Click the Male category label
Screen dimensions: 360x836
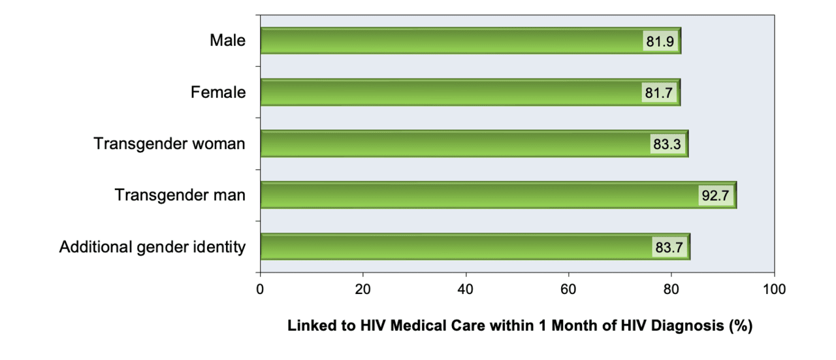[227, 41]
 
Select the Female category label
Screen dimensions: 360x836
[218, 92]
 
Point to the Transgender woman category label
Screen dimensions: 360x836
[170, 144]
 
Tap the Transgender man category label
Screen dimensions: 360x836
[180, 195]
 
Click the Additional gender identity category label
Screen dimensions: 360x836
[153, 247]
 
